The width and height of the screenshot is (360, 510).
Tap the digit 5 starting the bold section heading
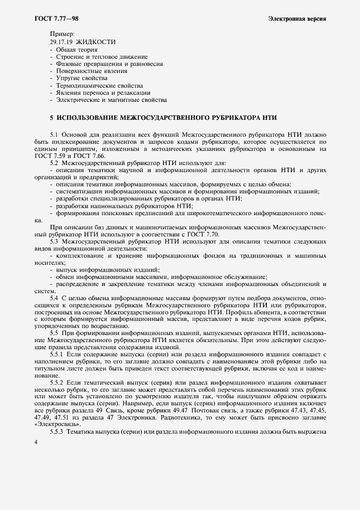click(x=51, y=117)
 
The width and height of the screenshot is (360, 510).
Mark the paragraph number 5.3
click(x=54, y=240)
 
